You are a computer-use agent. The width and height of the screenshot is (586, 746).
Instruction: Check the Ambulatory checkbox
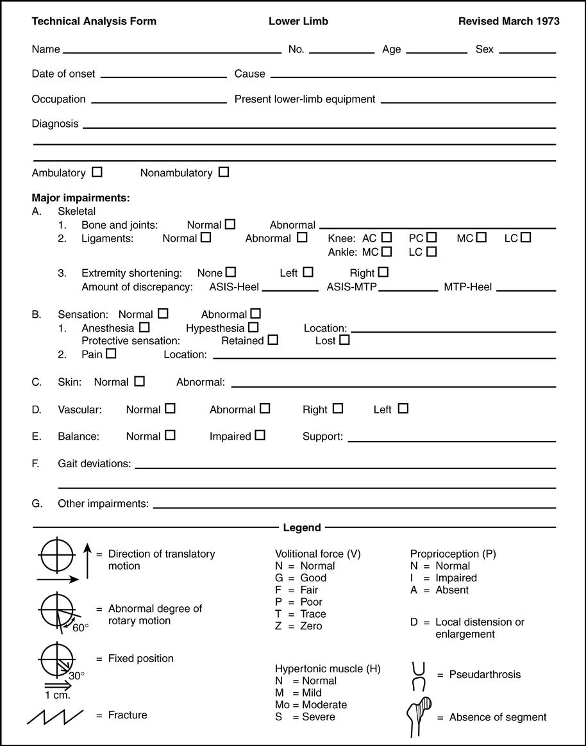pos(97,172)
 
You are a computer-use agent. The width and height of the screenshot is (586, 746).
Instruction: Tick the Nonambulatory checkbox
pos(223,172)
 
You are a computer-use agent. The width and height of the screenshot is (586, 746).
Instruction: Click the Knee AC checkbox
pos(386,238)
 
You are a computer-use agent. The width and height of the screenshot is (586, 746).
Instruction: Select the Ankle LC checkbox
pos(431,252)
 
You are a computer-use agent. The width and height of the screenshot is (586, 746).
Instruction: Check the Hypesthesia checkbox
pos(252,327)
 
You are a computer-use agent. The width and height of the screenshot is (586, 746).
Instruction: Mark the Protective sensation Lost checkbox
pos(344,340)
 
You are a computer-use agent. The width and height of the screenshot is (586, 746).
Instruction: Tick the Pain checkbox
pos(111,354)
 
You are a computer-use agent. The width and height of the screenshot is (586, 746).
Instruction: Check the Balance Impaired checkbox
pos(259,436)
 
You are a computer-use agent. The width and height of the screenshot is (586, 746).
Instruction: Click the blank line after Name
pos(172,51)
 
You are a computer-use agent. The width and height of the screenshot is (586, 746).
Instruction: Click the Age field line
pos(437,51)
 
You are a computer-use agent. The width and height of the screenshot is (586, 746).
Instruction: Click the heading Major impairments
pos(81,198)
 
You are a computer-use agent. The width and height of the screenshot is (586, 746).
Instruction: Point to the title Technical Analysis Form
pos(94,21)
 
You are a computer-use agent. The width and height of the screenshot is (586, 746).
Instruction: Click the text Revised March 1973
pos(508,21)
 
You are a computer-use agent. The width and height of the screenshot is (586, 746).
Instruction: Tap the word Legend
pos(302,527)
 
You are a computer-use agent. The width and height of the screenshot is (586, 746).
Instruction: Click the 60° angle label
pos(81,627)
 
